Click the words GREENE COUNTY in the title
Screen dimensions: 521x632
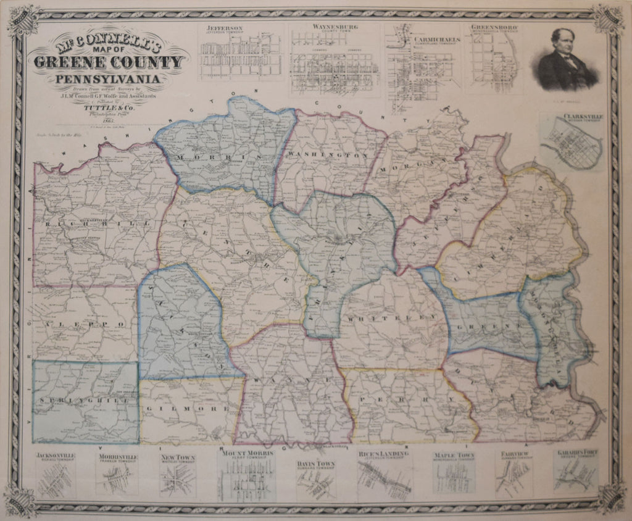tap(109, 62)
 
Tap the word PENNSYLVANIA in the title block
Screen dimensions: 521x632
tap(109, 78)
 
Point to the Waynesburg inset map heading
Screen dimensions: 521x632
tap(332, 28)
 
